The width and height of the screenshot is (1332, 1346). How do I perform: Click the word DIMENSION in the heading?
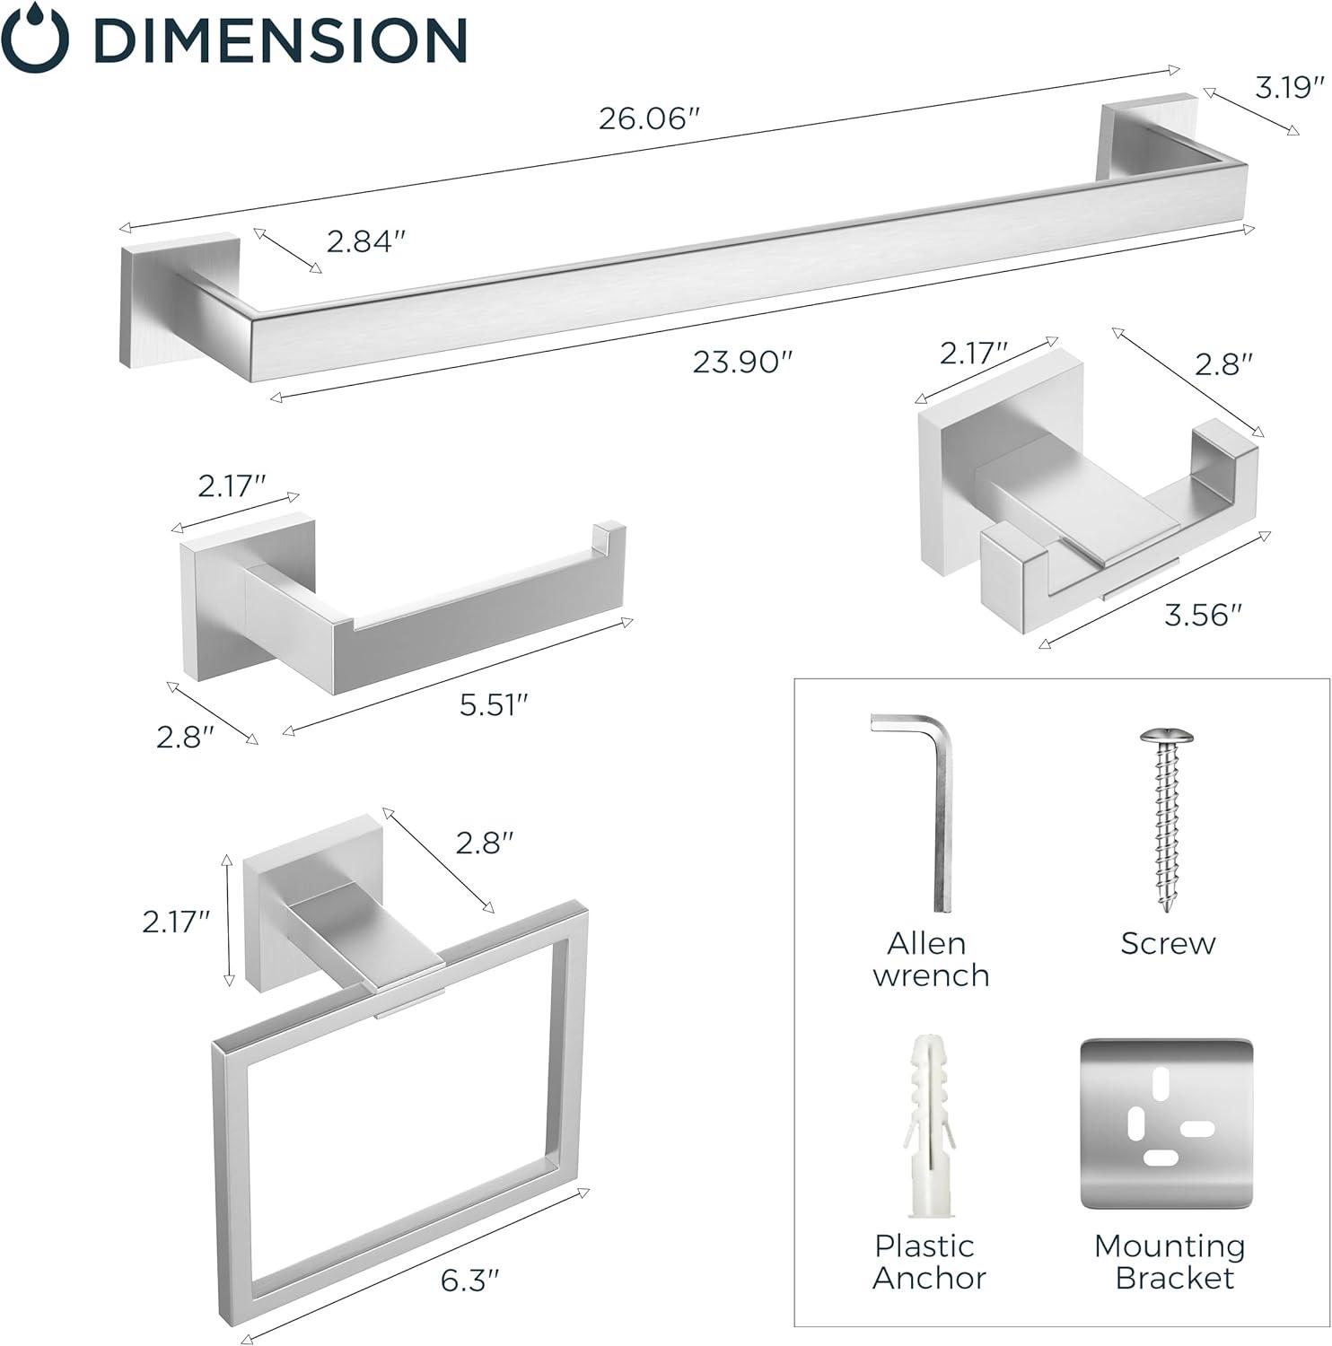[280, 39]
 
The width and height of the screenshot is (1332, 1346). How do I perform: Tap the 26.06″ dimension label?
[648, 118]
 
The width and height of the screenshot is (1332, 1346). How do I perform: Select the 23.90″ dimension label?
[743, 362]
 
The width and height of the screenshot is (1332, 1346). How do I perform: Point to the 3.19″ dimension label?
[1289, 88]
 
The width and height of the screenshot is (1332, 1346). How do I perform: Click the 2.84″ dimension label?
[365, 241]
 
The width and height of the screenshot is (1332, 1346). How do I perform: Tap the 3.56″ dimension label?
[1203, 616]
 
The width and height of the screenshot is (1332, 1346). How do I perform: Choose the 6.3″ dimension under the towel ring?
[469, 1280]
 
